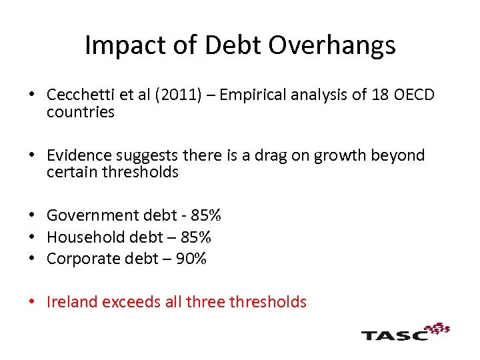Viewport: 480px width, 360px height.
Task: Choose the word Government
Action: [93, 215]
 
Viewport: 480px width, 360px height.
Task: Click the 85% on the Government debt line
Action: [206, 215]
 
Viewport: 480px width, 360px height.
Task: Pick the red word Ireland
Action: [69, 302]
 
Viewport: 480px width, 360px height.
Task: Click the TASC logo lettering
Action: [394, 334]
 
